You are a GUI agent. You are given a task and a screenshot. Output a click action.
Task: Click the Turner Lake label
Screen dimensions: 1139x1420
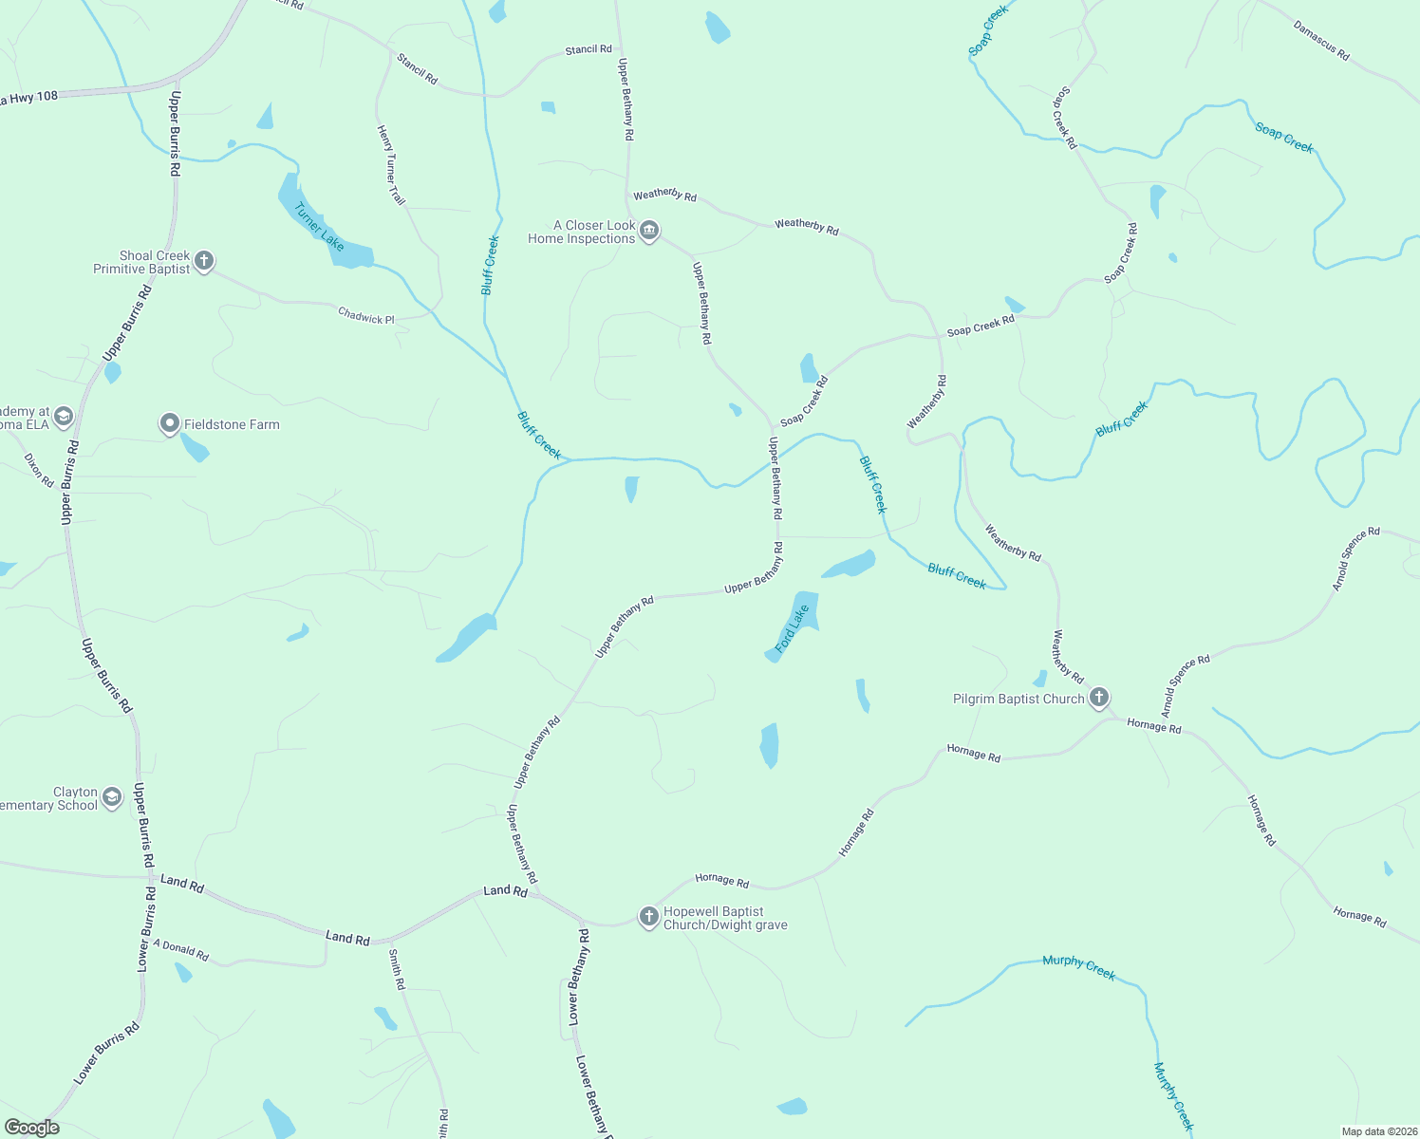320,227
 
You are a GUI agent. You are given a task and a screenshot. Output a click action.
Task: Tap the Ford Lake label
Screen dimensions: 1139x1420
792,629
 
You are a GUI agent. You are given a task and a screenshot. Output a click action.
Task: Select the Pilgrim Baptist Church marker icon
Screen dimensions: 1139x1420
1099,699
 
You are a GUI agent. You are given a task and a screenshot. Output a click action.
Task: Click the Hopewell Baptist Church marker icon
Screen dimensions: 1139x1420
649,917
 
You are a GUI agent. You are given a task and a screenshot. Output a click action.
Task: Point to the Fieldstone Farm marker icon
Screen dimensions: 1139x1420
170,423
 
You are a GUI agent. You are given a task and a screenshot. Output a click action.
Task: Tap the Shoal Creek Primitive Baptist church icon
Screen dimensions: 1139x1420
204,261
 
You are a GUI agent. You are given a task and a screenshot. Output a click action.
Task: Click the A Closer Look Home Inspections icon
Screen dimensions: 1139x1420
649,231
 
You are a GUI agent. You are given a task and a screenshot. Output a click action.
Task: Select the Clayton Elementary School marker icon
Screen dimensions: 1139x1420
112,797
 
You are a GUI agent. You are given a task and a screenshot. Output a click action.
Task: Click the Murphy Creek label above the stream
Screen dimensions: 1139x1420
1078,966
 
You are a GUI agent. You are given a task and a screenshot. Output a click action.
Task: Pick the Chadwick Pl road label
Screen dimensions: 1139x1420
366,316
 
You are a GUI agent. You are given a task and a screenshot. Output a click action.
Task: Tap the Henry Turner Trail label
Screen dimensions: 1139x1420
391,165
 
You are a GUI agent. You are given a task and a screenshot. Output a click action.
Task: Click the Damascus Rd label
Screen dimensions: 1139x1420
1321,41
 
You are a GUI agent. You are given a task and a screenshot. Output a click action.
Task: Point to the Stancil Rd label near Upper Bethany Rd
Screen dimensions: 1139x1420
589,49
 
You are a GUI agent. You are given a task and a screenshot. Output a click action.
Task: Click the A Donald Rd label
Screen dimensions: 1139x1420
180,950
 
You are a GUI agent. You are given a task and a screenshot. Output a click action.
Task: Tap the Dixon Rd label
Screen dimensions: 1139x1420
39,470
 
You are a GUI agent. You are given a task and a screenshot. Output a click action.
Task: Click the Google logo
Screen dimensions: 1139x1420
31,1128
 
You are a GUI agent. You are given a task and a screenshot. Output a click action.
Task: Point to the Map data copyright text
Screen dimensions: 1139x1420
1378,1131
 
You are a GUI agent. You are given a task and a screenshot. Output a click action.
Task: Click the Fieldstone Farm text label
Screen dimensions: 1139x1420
232,424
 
